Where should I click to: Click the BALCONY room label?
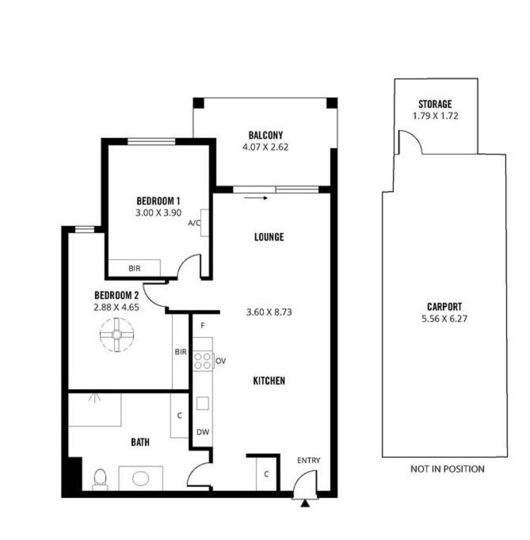tap(265, 135)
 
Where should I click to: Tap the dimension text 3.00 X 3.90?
tap(158, 213)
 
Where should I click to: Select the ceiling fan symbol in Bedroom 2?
tap(116, 335)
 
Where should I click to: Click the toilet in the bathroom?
tap(100, 479)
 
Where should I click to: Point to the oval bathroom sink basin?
tap(140, 478)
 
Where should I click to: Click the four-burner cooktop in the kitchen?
tap(202, 361)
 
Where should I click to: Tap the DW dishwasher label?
tap(203, 432)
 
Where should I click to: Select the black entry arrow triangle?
tap(304, 504)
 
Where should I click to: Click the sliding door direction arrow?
tap(256, 198)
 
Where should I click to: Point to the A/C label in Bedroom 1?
tap(194, 223)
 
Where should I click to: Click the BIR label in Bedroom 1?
tap(135, 268)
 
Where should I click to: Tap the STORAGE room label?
tap(435, 104)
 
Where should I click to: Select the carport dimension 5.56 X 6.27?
tap(444, 319)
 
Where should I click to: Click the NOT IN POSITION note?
tap(448, 469)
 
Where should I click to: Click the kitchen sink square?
tap(202, 404)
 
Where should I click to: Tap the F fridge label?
tap(203, 325)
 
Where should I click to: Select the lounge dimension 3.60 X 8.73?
tap(269, 312)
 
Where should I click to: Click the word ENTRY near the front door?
tap(309, 461)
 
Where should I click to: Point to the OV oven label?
tap(220, 361)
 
